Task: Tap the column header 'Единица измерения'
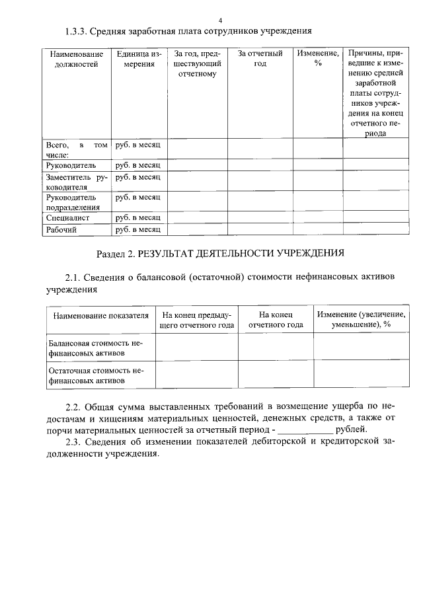coord(137,59)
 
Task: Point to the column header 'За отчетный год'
coord(260,59)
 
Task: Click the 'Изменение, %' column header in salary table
coord(318,59)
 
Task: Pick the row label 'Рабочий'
coord(61,230)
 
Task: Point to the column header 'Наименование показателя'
coord(100,315)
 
